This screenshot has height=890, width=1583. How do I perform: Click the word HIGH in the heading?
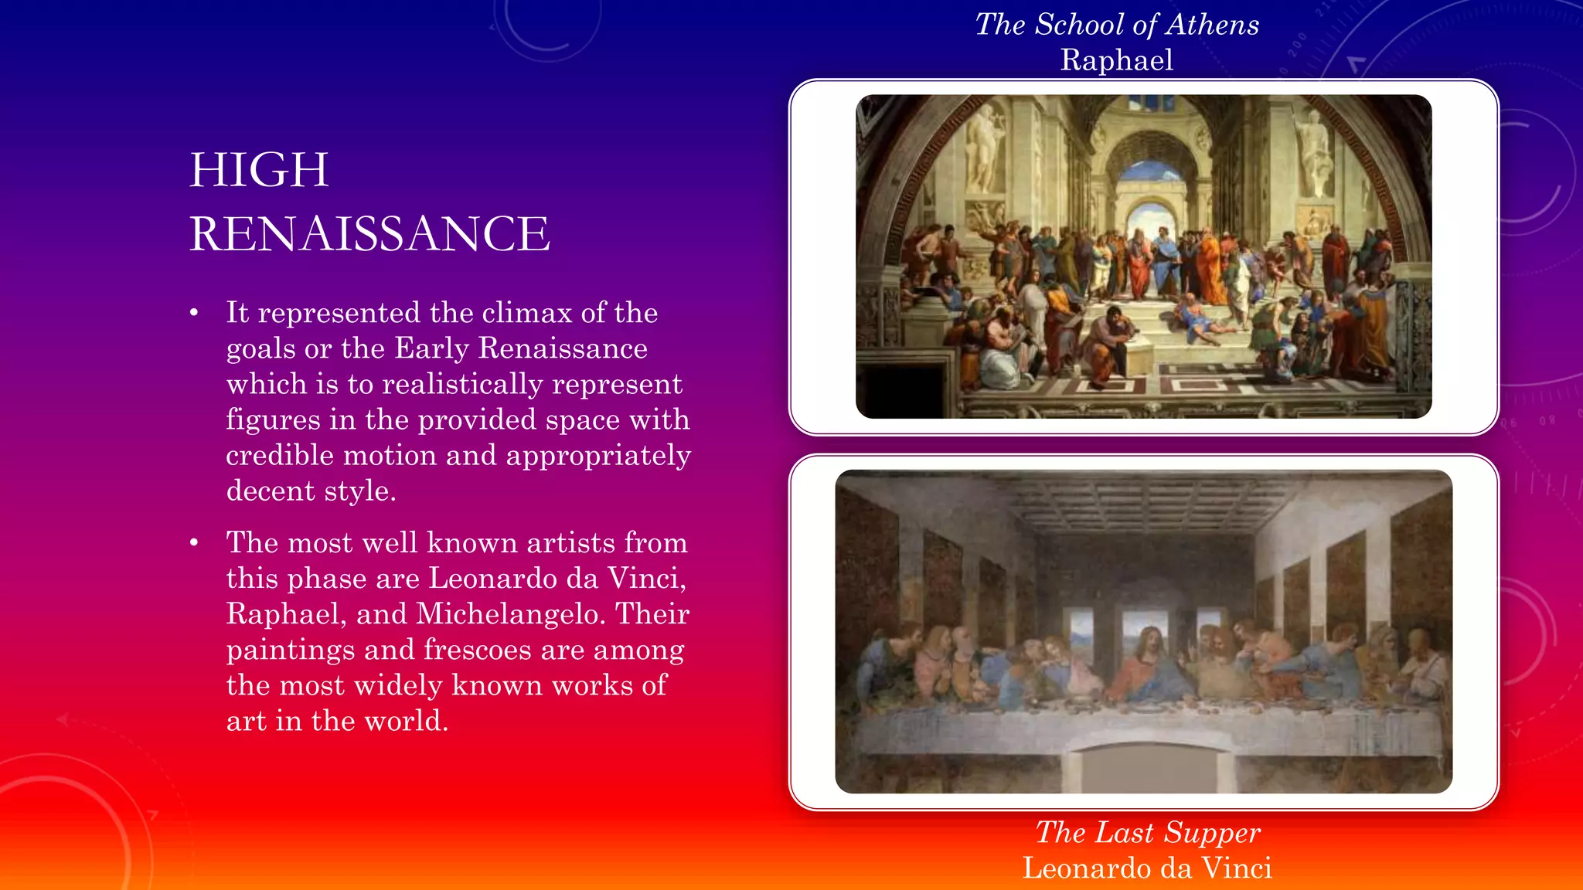[259, 170]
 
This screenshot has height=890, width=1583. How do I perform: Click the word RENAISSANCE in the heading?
[369, 233]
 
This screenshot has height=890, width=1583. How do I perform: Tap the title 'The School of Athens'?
[1117, 25]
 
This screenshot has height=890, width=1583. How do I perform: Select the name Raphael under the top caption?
[1117, 60]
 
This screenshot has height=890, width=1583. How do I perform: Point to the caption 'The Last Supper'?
[1148, 833]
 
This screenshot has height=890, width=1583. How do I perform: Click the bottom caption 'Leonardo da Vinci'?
[1148, 868]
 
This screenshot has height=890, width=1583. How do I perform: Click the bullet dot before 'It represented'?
[195, 314]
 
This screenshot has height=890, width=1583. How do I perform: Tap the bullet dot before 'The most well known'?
[195, 544]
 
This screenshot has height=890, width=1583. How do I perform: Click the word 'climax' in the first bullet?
[527, 313]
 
